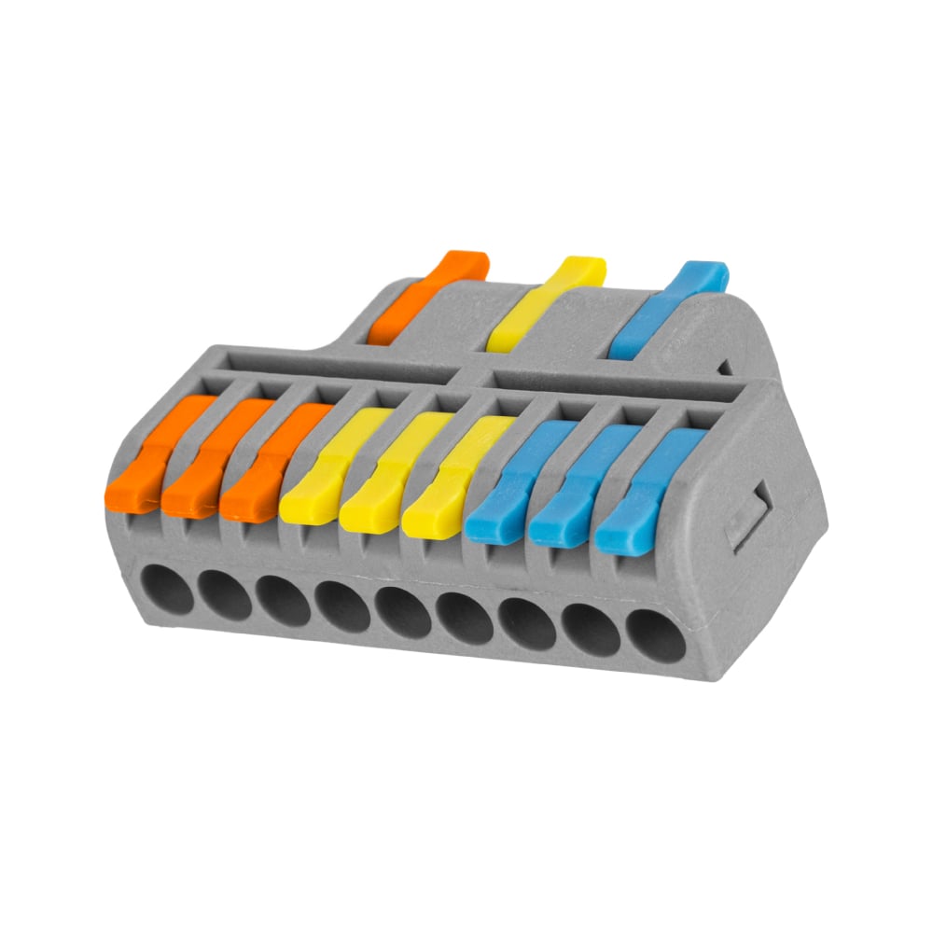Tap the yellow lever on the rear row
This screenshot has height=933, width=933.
(548, 303)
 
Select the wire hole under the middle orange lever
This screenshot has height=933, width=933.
(224, 596)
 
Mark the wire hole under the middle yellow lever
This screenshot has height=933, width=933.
(403, 614)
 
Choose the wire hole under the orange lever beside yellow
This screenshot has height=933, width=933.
(282, 602)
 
